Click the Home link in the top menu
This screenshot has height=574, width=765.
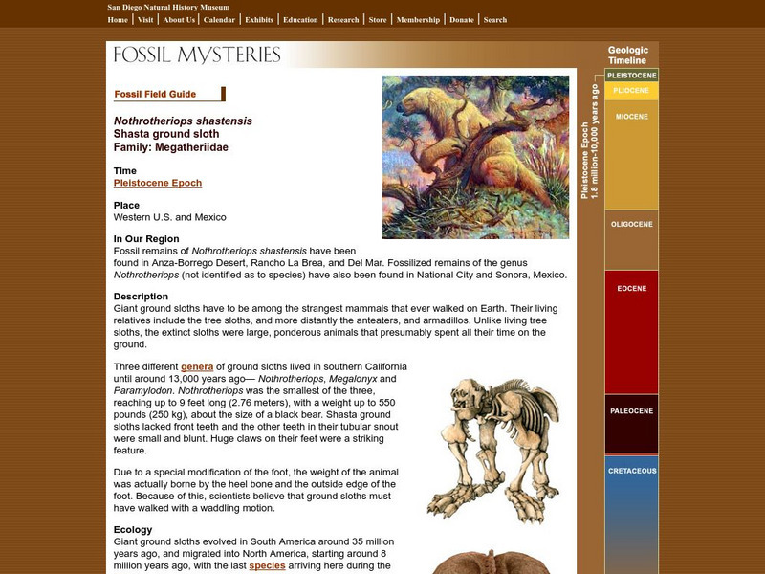pos(118,19)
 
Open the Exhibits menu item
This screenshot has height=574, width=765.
pos(258,19)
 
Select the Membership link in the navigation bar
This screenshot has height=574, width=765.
pos(418,19)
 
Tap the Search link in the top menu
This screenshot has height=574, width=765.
pos(494,19)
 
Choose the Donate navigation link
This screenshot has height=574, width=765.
pos(461,19)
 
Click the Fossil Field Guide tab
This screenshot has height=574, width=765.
pos(156,94)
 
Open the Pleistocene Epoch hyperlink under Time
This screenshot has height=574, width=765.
pos(158,183)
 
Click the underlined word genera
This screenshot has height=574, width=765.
pos(197,366)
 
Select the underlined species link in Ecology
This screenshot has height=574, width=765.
pos(267,565)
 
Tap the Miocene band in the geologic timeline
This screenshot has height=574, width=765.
pos(631,117)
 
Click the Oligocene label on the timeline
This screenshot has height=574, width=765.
pos(631,224)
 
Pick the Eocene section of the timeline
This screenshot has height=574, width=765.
pos(631,288)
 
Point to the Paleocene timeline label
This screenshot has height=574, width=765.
pos(631,411)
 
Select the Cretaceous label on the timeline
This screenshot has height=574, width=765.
pos(631,471)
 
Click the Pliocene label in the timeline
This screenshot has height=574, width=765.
pos(631,90)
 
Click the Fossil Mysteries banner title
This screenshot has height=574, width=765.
pos(197,55)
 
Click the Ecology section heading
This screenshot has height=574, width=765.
pos(133,529)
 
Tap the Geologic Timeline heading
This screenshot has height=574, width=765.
pos(628,55)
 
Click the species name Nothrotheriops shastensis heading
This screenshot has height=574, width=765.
pos(183,121)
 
